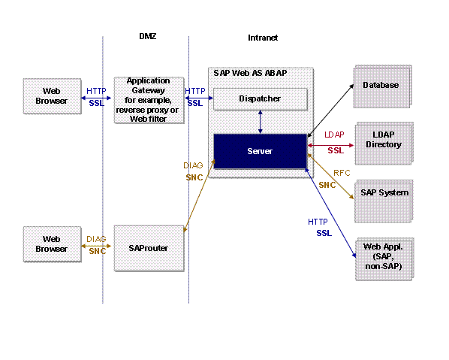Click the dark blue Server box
tap(260, 151)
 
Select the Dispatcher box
tap(260, 98)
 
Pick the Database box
tap(381, 85)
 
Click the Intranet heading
tap(263, 38)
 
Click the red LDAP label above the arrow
tap(334, 135)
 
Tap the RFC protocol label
tap(342, 173)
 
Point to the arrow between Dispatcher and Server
tap(260, 121)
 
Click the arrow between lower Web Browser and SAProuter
tap(96, 246)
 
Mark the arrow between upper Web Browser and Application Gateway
tap(96, 96)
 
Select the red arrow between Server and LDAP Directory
tap(330, 144)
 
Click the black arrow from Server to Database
tap(330, 109)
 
